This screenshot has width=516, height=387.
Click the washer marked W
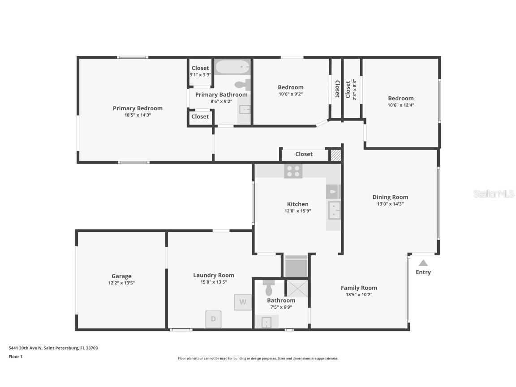tap(242, 302)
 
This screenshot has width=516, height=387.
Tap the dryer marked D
tap(213, 319)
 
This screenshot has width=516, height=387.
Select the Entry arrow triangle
tap(423, 263)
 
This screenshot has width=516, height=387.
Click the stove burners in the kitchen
tap(293, 171)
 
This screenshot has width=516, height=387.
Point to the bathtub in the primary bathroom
tap(232, 67)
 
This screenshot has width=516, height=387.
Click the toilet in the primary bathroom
tap(242, 84)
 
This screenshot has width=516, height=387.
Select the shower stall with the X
tap(297, 288)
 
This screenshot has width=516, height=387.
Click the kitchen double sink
tap(334, 210)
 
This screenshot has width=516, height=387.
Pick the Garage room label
tap(121, 276)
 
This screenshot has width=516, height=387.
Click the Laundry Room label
tap(213, 275)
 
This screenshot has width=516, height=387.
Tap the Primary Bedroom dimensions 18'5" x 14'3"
tap(138, 115)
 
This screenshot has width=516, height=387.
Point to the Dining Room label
tap(390, 197)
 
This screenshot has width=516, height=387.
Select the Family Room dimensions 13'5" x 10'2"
tap(359, 295)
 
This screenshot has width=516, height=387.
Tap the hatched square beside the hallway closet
tap(335, 155)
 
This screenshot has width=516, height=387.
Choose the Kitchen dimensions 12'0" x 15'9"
tap(297, 211)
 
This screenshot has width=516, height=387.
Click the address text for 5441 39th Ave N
tap(53, 348)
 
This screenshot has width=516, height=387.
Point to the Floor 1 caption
tap(15, 357)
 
